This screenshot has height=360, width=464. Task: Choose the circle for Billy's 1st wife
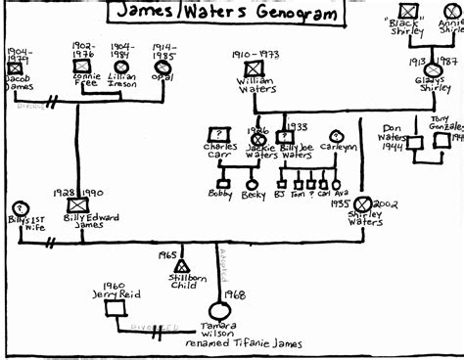[x=18, y=208]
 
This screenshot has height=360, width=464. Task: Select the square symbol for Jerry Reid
[x=115, y=307]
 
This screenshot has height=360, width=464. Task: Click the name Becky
[x=253, y=195]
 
